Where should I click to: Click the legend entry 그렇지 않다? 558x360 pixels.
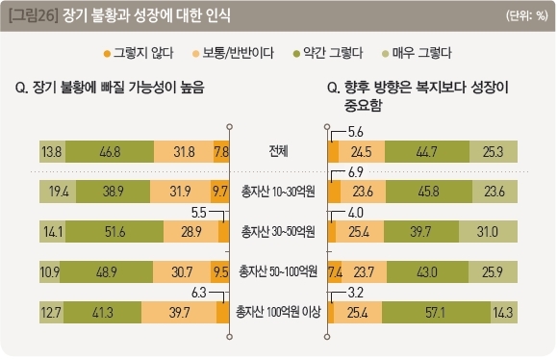(139, 53)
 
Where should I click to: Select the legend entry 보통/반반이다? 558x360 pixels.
(233, 53)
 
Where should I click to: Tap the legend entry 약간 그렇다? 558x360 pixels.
(328, 53)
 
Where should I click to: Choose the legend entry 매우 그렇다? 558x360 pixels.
(417, 53)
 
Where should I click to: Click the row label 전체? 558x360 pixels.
(278, 151)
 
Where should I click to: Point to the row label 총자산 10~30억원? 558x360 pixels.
(278, 192)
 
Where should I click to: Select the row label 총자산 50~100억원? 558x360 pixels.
(278, 271)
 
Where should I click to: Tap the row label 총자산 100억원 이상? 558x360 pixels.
(278, 312)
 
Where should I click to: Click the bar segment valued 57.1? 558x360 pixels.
(436, 312)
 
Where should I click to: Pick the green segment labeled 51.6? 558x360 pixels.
(114, 231)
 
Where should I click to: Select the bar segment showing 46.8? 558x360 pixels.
(110, 151)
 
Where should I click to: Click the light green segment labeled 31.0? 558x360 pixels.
(488, 231)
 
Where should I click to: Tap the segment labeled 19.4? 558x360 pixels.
(58, 192)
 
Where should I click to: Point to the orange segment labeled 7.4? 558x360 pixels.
(335, 272)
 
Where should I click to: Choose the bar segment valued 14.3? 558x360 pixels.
(504, 312)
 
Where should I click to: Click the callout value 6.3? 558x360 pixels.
(199, 293)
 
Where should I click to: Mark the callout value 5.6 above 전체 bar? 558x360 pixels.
(356, 132)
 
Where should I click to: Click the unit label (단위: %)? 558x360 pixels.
(527, 15)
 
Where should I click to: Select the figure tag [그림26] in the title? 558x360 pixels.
(33, 15)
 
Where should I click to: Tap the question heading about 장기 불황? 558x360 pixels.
(110, 88)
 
